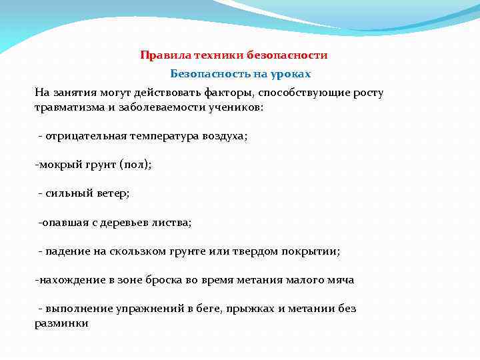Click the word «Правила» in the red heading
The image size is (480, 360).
point(159,55)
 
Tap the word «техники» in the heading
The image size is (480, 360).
point(203,55)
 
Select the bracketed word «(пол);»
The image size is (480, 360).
point(135,165)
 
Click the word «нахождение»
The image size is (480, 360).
point(69,280)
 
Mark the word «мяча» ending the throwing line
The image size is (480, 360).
point(340,280)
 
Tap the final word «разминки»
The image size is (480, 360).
point(61,323)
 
